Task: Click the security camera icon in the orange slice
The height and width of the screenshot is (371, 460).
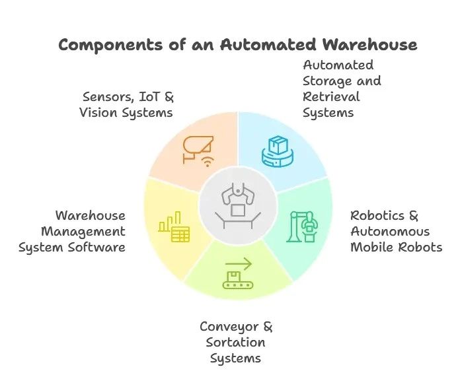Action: coord(196,147)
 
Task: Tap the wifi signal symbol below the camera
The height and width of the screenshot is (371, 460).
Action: coord(207,160)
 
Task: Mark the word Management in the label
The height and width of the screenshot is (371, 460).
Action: coord(83,232)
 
